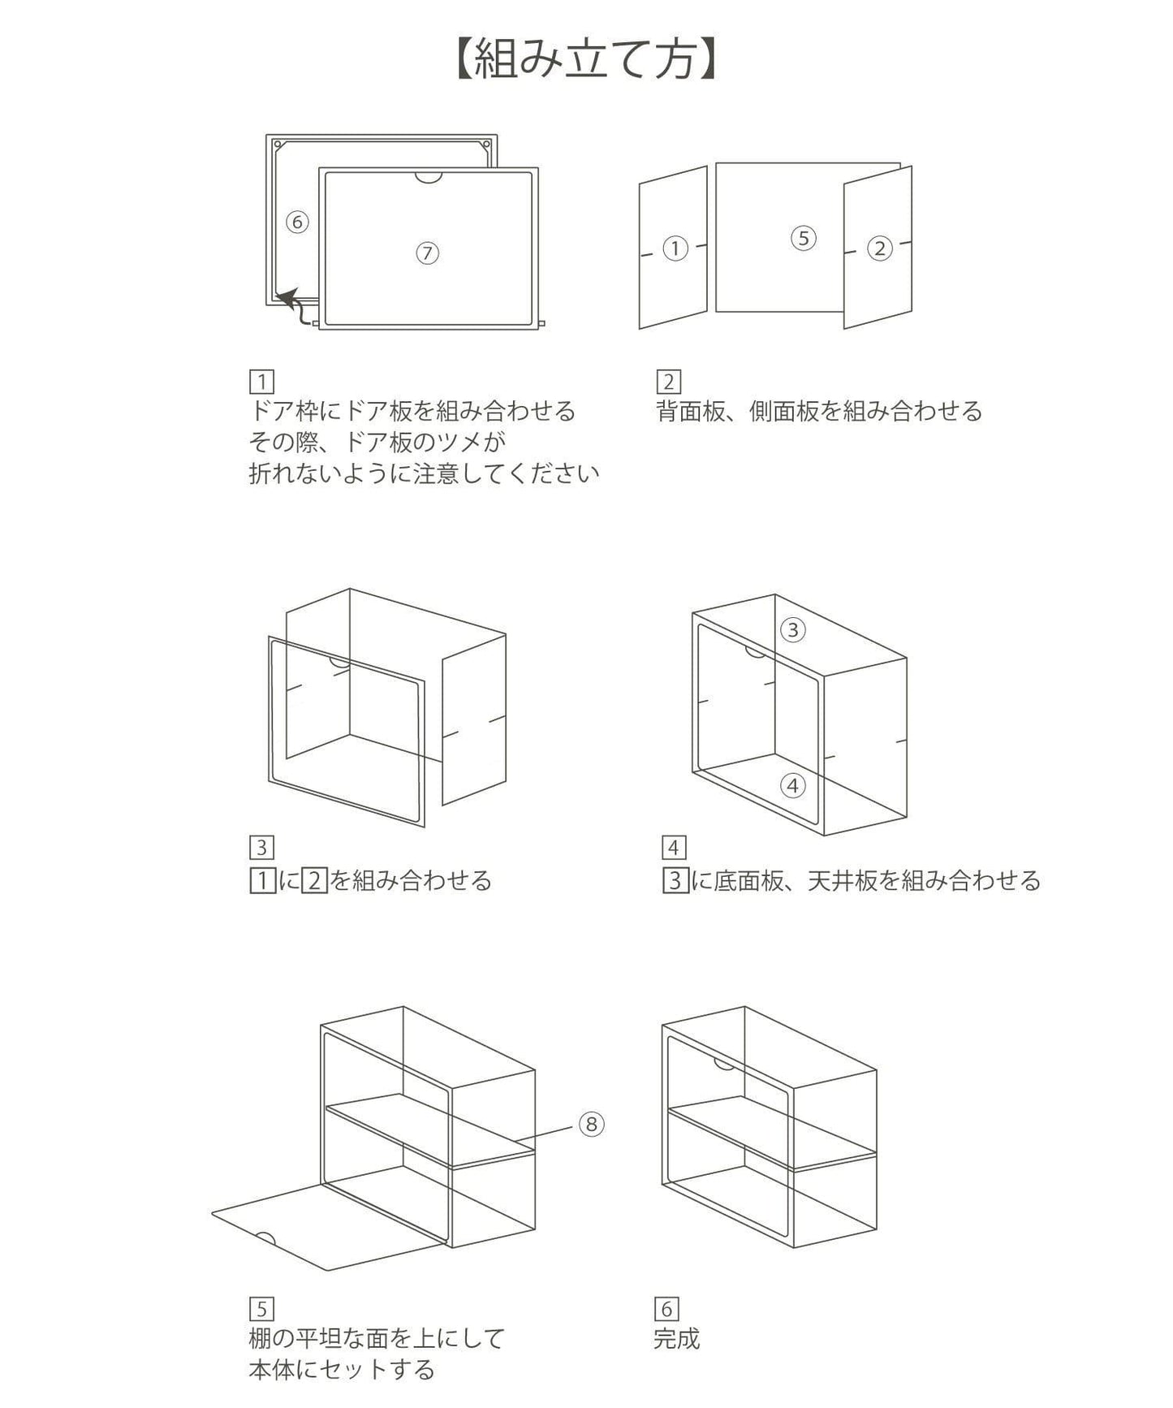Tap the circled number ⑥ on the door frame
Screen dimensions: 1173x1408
pos(298,222)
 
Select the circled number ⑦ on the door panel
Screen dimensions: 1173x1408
pos(427,253)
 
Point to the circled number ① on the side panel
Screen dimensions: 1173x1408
pos(675,248)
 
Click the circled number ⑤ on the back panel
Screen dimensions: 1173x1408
pos(803,238)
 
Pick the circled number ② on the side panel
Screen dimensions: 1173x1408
pos(879,248)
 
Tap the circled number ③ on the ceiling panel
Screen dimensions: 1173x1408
pos(793,629)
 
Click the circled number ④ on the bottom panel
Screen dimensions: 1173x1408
pos(793,785)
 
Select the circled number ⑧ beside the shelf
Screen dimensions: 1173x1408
pos(592,1124)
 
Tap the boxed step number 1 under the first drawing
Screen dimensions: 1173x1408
pos(261,381)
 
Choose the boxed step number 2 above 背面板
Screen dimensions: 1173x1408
pos(668,381)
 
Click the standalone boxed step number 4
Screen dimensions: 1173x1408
pos(674,848)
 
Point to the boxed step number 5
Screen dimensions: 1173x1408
pos(261,1309)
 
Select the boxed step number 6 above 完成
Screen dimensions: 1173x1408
pos(666,1309)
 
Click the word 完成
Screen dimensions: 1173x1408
pos(677,1339)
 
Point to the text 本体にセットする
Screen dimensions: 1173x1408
pos(342,1370)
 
